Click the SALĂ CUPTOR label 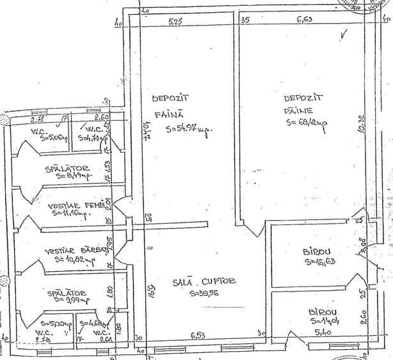tap(205, 282)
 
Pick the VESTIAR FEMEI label tap(75, 205)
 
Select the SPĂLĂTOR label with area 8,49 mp tap(66, 169)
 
